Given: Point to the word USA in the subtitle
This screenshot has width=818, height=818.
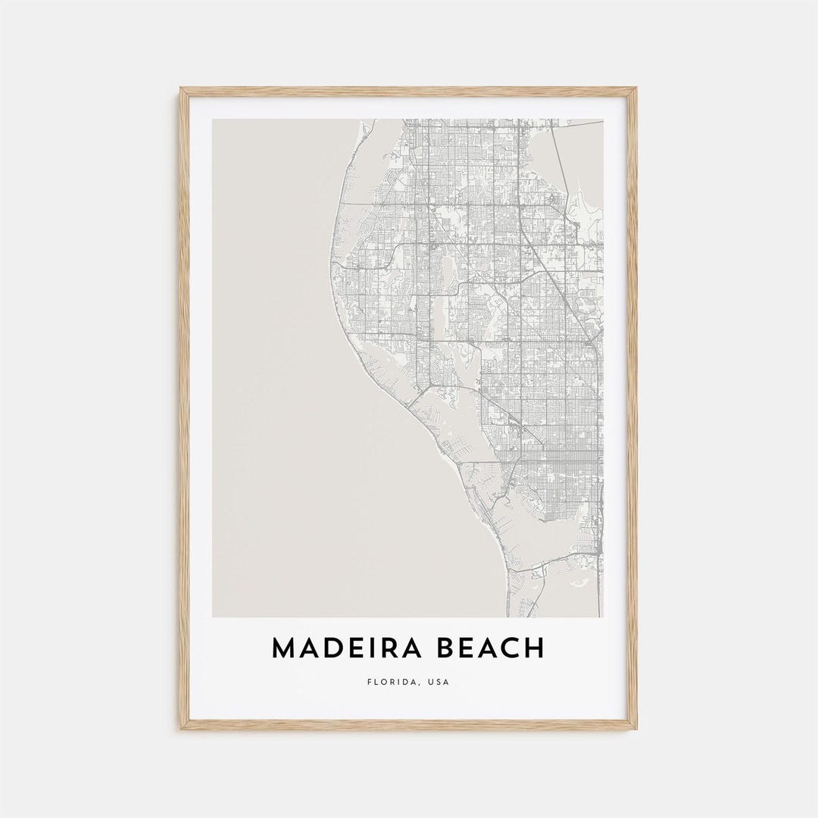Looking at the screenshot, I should pos(439,682).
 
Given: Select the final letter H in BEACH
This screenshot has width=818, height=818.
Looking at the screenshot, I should pos(535,648).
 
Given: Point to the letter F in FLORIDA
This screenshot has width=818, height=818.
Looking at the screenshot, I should pos(369,682).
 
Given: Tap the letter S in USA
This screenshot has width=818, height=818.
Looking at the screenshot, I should pos(439,682).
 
